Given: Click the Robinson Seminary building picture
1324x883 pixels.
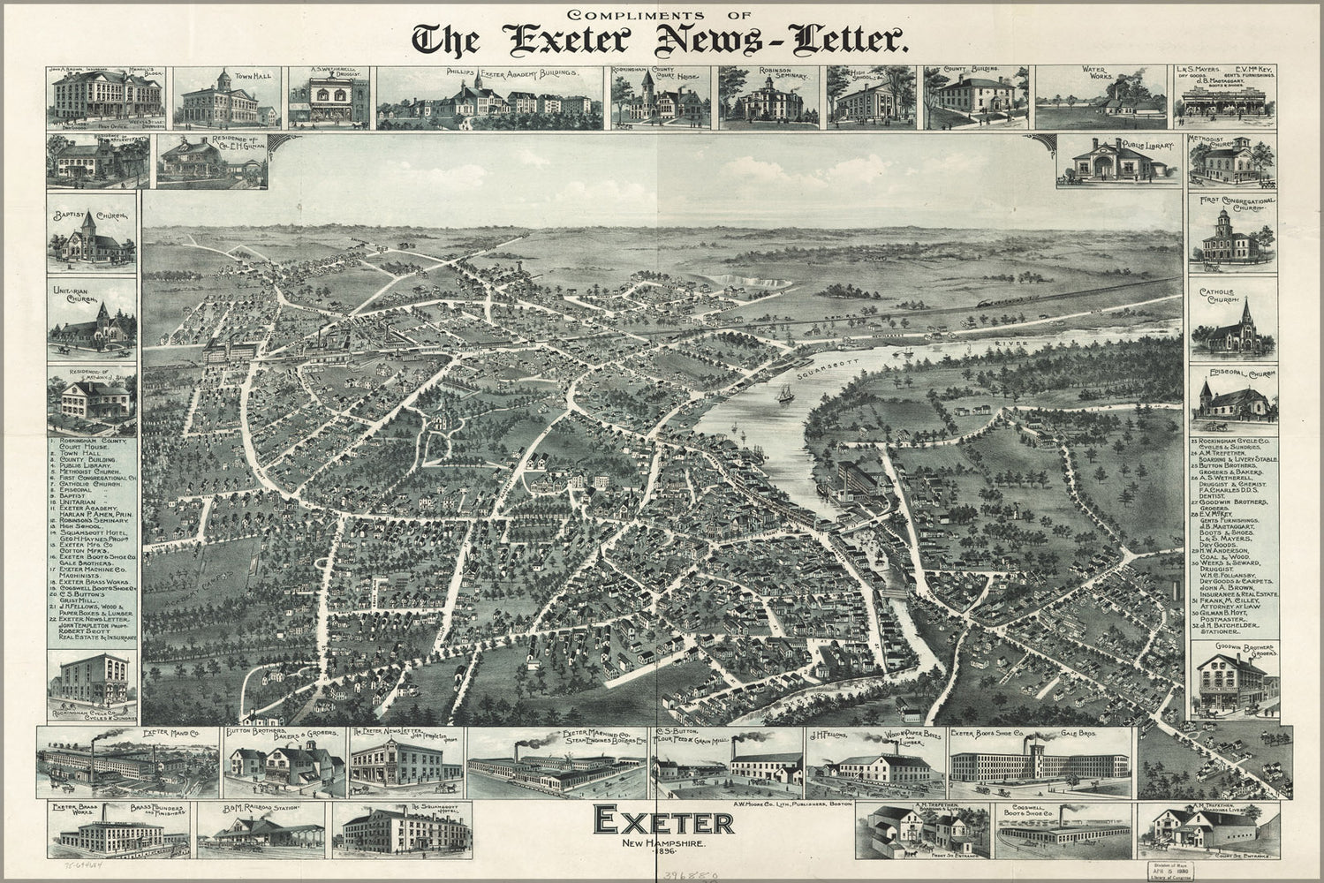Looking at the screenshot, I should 768,102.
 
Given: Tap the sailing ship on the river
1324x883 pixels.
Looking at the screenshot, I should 784,395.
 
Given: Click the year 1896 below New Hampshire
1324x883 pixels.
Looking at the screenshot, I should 663,856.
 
